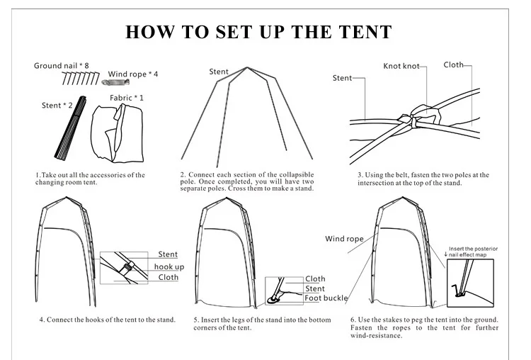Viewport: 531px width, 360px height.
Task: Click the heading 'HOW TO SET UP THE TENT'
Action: click(258, 32)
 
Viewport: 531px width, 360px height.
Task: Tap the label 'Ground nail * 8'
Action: click(62, 66)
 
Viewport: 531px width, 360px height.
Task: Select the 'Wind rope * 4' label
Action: click(133, 74)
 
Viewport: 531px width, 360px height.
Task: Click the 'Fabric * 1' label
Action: click(127, 97)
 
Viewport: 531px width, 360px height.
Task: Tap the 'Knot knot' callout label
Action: click(401, 66)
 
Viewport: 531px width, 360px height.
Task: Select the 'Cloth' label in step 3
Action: click(453, 64)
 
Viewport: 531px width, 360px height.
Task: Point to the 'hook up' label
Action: click(169, 266)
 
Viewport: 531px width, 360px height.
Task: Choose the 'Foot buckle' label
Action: click(326, 298)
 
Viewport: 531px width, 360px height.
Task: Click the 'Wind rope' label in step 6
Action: click(344, 239)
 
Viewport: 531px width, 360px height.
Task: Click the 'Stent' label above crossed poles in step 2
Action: click(218, 72)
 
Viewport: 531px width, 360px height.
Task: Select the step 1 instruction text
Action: click(90, 179)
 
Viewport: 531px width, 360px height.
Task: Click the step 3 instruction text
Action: click(423, 179)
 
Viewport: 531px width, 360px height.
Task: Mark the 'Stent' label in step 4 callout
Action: click(168, 254)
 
